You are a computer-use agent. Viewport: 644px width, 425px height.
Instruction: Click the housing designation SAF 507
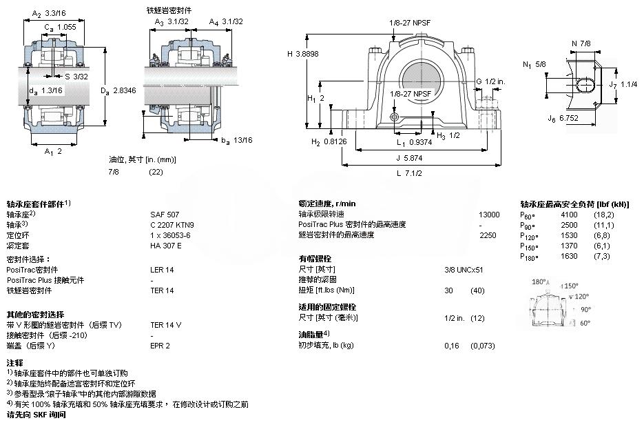click(x=164, y=215)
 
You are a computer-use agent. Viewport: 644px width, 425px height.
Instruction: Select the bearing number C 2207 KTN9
click(x=172, y=224)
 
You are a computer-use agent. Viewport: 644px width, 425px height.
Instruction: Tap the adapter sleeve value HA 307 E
click(x=166, y=245)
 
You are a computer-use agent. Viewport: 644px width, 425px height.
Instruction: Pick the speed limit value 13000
click(x=489, y=215)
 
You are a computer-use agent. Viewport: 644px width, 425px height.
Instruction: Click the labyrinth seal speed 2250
click(x=488, y=235)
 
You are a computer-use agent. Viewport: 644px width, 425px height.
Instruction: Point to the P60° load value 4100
click(x=569, y=215)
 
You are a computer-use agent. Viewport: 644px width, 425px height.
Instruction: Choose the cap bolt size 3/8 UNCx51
click(x=464, y=269)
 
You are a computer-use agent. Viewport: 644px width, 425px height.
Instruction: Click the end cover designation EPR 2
click(x=160, y=345)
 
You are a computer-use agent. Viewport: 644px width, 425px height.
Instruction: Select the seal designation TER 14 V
click(x=166, y=324)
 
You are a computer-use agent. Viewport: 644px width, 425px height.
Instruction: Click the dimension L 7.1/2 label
click(x=409, y=173)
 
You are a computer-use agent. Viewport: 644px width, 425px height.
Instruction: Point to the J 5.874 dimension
click(x=411, y=157)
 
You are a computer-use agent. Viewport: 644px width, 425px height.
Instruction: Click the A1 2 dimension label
click(x=52, y=151)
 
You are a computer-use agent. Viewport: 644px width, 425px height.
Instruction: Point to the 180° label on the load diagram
click(x=539, y=281)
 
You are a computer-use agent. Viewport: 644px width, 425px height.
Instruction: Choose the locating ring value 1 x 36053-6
click(x=170, y=235)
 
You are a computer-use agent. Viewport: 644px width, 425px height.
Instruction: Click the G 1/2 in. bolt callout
click(x=491, y=81)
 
